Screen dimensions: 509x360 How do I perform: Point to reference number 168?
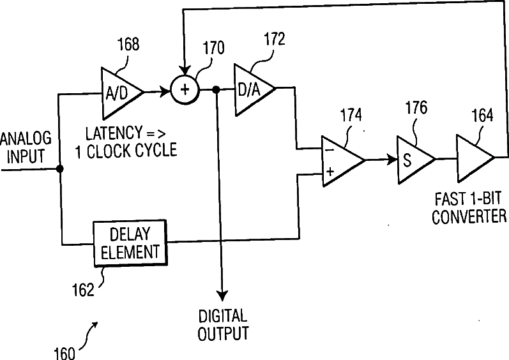pyautogui.click(x=128, y=44)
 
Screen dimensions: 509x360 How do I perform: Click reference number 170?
pyautogui.click(x=213, y=48)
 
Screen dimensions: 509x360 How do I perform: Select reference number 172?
pyautogui.click(x=275, y=39)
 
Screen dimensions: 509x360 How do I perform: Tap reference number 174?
pyautogui.click(x=351, y=115)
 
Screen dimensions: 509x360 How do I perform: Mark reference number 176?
pyautogui.click(x=416, y=107)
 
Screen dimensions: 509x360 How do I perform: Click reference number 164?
pyautogui.click(x=482, y=116)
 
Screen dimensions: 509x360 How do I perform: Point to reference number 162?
pyautogui.click(x=83, y=290)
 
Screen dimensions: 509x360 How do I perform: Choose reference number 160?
pyautogui.click(x=65, y=353)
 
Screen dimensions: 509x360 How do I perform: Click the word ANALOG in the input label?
pyautogui.click(x=26, y=139)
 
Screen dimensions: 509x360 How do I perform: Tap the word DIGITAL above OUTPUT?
pyautogui.click(x=223, y=316)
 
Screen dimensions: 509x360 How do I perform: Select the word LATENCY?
pyautogui.click(x=114, y=133)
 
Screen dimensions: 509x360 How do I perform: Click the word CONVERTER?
pyautogui.click(x=469, y=216)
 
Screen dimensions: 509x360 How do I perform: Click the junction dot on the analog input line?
pyautogui.click(x=60, y=169)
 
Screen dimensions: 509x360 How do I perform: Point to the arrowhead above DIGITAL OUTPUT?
pyautogui.click(x=222, y=296)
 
